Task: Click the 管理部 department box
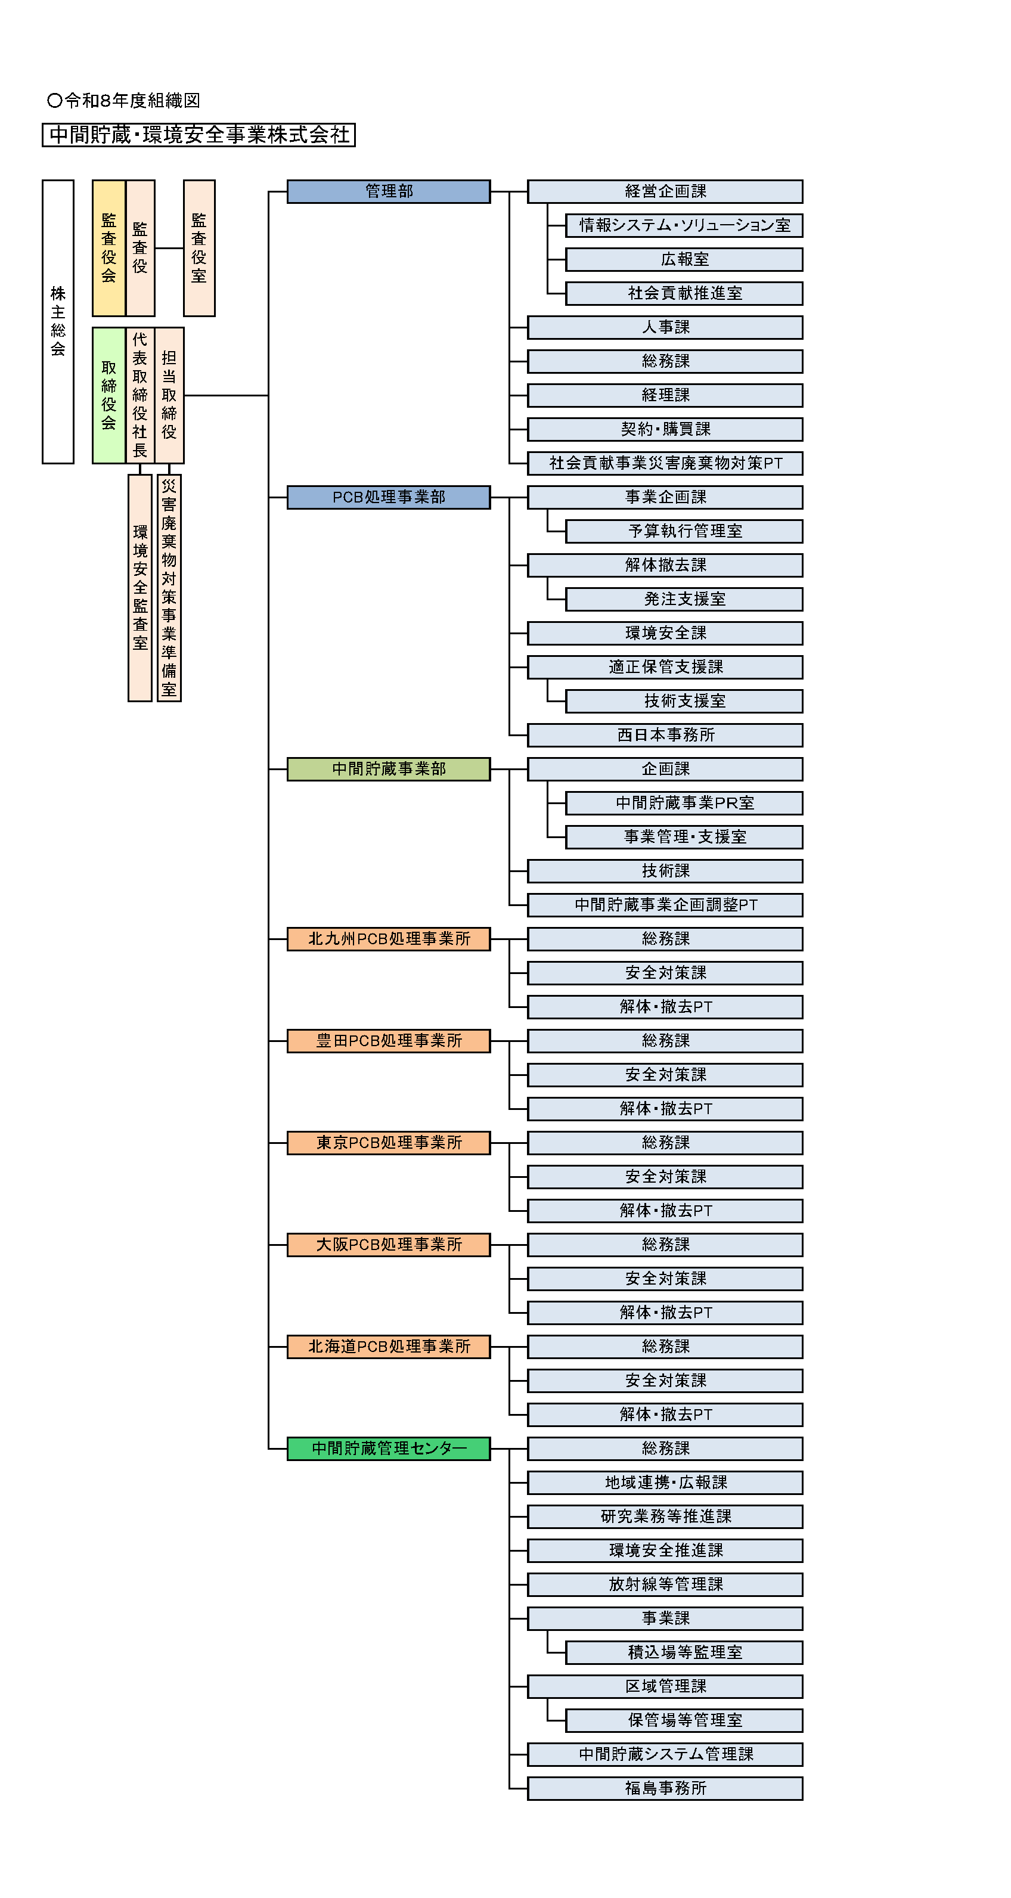388,191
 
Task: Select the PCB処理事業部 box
388,497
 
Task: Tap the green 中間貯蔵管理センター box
388,1449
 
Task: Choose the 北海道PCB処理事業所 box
388,1347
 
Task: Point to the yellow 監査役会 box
109,249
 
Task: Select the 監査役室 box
199,249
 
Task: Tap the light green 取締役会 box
109,396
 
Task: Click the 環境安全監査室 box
140,588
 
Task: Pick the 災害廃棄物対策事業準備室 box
169,588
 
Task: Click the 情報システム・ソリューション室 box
684,225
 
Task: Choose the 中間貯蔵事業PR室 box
684,803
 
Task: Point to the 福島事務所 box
665,1788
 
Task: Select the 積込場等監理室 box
684,1652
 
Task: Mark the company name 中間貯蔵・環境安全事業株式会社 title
199,135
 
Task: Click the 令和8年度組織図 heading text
124,100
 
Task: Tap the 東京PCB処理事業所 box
388,1143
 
